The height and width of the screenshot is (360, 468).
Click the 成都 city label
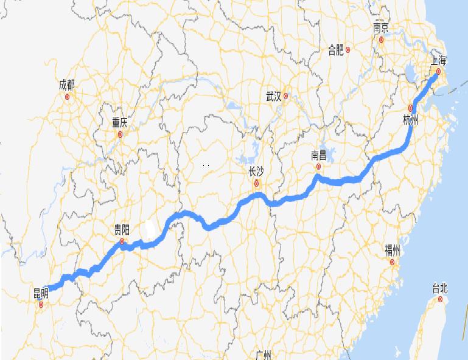(67, 85)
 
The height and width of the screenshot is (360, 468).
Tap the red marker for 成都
(68, 96)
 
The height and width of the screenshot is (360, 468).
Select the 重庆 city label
(120, 122)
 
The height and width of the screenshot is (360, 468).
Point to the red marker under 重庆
(120, 134)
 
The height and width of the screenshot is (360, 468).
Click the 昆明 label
(41, 294)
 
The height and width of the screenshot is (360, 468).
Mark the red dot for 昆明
(41, 305)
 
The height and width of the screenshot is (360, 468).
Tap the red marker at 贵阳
(122, 241)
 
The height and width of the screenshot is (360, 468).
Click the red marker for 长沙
(257, 182)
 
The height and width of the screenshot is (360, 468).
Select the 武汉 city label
(274, 96)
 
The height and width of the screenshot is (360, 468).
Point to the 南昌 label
(318, 154)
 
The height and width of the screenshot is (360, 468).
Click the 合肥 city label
(336, 50)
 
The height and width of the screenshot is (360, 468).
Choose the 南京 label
(382, 28)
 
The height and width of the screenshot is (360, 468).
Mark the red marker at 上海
(438, 72)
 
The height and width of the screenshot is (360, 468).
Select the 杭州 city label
(411, 120)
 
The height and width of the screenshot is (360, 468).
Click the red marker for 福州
(393, 263)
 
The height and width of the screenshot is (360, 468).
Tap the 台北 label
(439, 288)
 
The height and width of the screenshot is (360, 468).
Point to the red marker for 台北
(439, 299)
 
